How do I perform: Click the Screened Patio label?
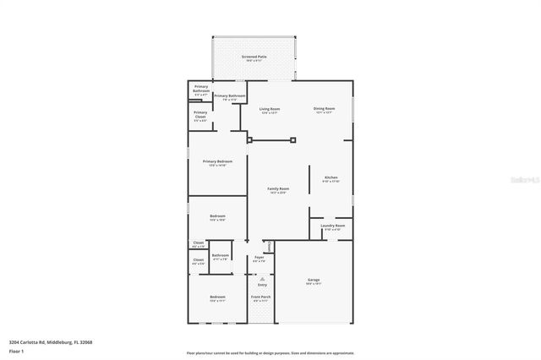[x=254, y=57]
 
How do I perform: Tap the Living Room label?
[x=270, y=109]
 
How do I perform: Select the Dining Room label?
[x=325, y=109]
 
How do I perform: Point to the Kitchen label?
[x=331, y=177]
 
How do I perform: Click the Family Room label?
[x=278, y=188]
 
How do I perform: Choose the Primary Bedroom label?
[x=217, y=161]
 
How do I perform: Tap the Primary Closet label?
[x=200, y=113]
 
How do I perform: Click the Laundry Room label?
[x=333, y=226]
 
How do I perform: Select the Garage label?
[x=314, y=280]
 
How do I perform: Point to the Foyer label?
[x=259, y=258]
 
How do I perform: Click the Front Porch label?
[x=260, y=297]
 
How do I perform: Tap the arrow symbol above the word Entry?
[x=262, y=278]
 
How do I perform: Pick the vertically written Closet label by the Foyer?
[x=270, y=246]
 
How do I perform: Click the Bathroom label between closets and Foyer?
[x=221, y=255]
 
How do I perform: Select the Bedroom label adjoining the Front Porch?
[x=217, y=297]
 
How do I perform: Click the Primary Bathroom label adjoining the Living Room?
[x=230, y=96]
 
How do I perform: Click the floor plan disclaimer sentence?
[x=271, y=352]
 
